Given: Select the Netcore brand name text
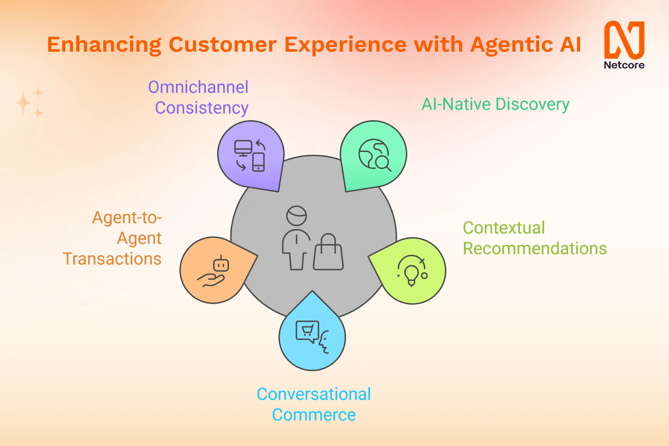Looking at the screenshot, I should [x=624, y=65].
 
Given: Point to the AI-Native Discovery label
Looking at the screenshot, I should [x=495, y=104].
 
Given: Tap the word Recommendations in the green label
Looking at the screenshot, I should [x=535, y=249].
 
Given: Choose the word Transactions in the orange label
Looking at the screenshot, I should [x=112, y=259].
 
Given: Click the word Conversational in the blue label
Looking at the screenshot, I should [x=314, y=394].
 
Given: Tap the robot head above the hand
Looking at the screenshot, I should [x=221, y=264].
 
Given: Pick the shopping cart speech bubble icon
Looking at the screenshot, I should [x=307, y=331].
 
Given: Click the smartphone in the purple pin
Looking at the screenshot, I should [x=258, y=162].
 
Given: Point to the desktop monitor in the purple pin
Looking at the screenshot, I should [x=243, y=148].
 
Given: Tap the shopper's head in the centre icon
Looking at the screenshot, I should [x=296, y=216].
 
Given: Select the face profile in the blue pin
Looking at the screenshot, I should [x=324, y=343].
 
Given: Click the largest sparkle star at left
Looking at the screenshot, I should [x=23, y=102].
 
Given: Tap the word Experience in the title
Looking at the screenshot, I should [x=345, y=45].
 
